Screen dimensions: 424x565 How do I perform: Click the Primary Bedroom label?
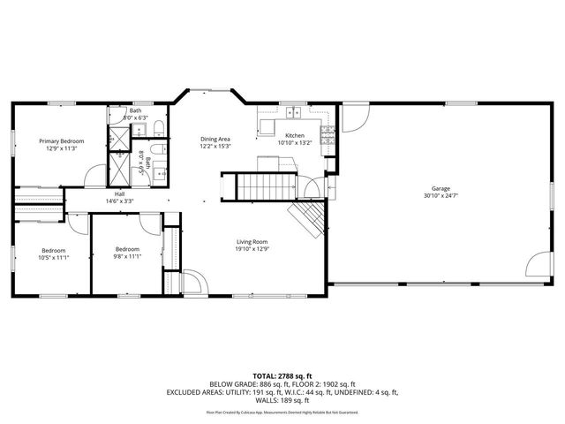[x=61, y=140]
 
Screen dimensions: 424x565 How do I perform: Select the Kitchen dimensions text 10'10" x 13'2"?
[x=295, y=142]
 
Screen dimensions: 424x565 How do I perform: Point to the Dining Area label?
[x=215, y=139]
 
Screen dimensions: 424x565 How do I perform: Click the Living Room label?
[x=252, y=241]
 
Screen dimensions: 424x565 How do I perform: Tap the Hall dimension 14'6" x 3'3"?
[x=119, y=201]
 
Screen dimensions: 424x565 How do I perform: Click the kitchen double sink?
[x=292, y=112]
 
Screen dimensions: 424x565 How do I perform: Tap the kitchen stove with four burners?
[x=328, y=134]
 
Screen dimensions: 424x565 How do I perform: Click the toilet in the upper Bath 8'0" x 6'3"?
[x=156, y=130]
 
